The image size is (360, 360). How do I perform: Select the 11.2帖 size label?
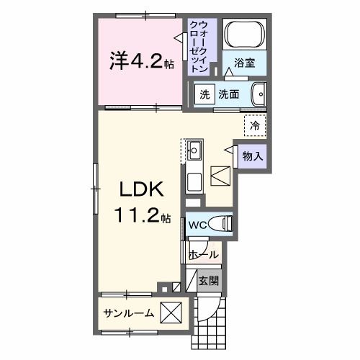coord(141,214)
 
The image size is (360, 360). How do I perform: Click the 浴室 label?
coord(245,63)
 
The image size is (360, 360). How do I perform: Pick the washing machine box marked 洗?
coord(204,94)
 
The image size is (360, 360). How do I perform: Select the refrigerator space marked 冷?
coord(255,125)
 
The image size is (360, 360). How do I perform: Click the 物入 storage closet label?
coord(252,156)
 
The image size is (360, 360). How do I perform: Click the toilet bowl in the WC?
coord(225,225)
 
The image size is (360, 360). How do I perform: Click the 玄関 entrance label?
coord(208,281)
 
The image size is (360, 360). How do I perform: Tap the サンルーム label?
coord(129,313)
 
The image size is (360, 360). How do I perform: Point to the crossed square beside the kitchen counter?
coord(220,176)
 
